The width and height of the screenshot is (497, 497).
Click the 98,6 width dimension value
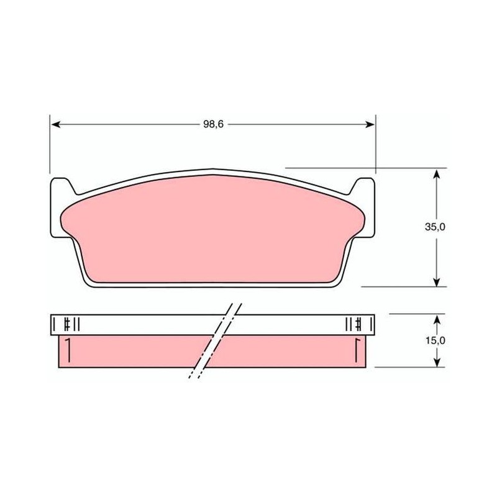(213, 124)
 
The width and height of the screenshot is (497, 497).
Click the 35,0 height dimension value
(435, 227)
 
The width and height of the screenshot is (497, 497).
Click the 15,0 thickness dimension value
(435, 340)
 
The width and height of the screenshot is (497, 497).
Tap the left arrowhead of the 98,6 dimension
(55, 125)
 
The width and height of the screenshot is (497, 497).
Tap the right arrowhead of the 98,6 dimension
(370, 125)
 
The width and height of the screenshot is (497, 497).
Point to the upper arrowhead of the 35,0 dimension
(437, 174)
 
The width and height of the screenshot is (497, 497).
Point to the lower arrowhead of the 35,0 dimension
(437, 281)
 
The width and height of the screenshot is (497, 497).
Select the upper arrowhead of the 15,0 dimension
(437, 320)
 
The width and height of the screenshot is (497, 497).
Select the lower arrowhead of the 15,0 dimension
(437, 362)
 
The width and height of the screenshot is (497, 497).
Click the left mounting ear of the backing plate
(62, 207)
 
